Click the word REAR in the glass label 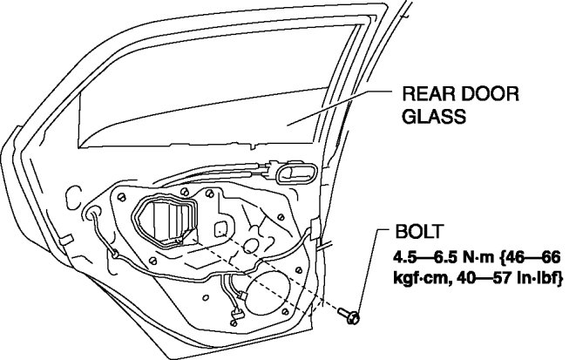(424, 93)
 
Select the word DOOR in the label (479, 93)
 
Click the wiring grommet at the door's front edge (94, 212)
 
